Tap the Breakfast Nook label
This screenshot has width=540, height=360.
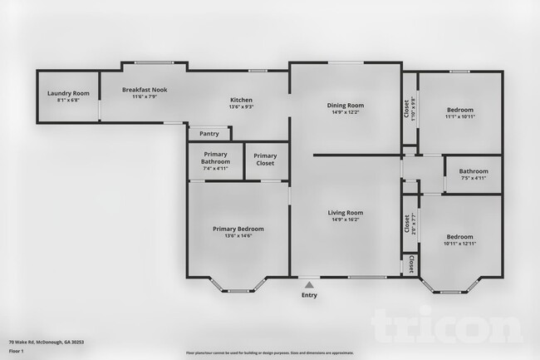point(145,89)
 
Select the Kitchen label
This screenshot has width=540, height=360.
point(241,101)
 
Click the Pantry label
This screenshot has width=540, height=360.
point(209,133)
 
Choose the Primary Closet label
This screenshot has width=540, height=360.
point(265,159)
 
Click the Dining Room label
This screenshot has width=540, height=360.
point(346,105)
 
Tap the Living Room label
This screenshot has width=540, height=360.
point(345,213)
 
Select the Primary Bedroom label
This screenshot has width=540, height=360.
point(238,229)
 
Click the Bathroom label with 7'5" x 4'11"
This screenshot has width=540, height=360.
point(473,171)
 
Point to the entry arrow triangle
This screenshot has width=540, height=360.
point(309,284)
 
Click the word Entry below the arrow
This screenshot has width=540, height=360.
point(309,294)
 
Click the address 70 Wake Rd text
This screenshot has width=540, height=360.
point(47,342)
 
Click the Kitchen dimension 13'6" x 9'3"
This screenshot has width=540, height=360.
point(241,107)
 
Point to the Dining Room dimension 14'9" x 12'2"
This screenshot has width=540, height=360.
point(346,112)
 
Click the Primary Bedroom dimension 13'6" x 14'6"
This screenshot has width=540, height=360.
point(238,236)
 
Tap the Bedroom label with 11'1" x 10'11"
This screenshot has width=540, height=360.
point(459,109)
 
